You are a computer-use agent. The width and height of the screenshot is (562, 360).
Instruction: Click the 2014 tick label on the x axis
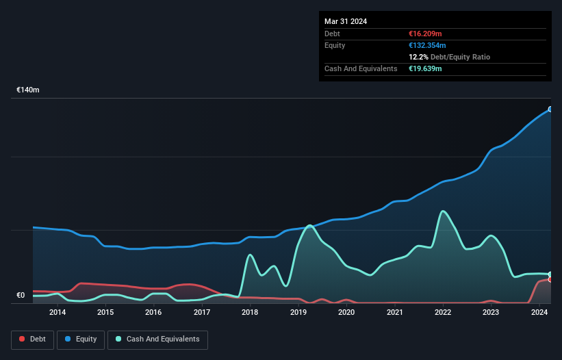tap(58, 313)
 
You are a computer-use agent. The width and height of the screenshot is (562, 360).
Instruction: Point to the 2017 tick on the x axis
tap(202, 313)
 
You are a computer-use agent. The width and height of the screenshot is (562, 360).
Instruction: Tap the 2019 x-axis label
tap(298, 313)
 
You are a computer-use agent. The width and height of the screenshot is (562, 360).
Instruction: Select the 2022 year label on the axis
tap(443, 313)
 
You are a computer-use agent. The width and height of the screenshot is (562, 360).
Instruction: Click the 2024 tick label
tap(539, 313)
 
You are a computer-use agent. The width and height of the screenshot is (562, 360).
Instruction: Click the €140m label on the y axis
tap(28, 90)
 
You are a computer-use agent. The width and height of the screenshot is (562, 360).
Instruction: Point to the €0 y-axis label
tap(21, 296)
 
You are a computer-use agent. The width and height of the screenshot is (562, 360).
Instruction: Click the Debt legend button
tap(31, 339)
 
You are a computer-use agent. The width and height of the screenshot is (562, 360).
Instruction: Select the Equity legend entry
tap(81, 339)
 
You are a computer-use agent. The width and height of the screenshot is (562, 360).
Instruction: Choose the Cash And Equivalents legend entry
tap(157, 339)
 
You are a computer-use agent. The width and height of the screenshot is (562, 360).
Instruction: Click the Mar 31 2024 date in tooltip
tap(346, 21)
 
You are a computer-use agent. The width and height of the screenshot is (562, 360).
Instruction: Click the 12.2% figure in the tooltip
tap(418, 57)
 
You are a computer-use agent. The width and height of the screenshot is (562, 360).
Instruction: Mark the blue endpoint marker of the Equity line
tap(550, 109)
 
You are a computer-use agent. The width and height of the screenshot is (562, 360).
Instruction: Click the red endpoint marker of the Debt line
tap(550, 279)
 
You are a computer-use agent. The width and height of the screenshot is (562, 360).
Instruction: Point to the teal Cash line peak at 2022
tap(443, 211)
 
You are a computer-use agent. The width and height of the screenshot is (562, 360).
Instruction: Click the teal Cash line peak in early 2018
tap(250, 255)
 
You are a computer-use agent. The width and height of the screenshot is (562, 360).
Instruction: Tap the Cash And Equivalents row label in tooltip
tap(361, 68)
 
